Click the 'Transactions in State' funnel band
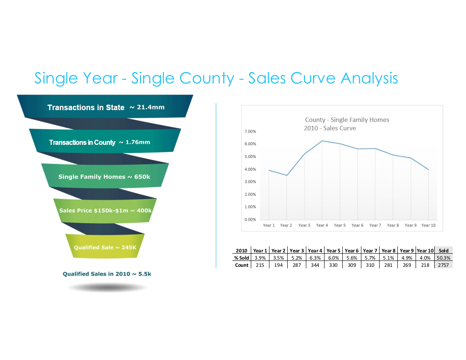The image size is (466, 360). tap(105, 107)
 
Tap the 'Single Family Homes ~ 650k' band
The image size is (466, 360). tap(104, 177)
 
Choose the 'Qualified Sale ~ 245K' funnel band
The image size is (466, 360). tap(105, 247)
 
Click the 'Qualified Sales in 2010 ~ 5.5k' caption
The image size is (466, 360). tap(107, 274)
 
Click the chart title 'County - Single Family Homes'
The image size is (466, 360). tap(347, 120)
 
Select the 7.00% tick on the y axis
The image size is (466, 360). tap(250, 132)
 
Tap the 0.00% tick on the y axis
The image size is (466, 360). tap(250, 220)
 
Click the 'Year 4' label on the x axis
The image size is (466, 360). tap(322, 225)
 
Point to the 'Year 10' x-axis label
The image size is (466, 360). tap(428, 225)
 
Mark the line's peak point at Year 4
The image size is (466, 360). tap(322, 141)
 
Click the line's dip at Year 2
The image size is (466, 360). tap(287, 175)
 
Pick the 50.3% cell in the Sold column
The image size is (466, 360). tap(444, 258)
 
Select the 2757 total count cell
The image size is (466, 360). tap(444, 265)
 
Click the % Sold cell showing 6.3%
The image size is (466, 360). tap(315, 258)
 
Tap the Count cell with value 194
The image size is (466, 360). tap(278, 265)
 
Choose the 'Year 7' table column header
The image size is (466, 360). tap(370, 250)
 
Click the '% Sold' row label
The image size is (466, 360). tap(241, 258)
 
